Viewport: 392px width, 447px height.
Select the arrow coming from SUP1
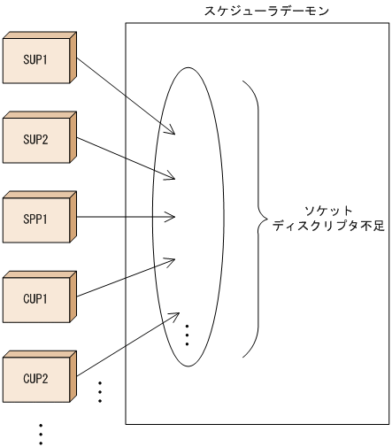click(x=124, y=96)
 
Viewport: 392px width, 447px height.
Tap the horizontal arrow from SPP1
click(x=124, y=215)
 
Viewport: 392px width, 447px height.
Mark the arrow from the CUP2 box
click(x=124, y=346)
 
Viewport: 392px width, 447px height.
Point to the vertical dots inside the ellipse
click(x=188, y=334)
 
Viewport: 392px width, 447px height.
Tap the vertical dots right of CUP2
click(x=99, y=391)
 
